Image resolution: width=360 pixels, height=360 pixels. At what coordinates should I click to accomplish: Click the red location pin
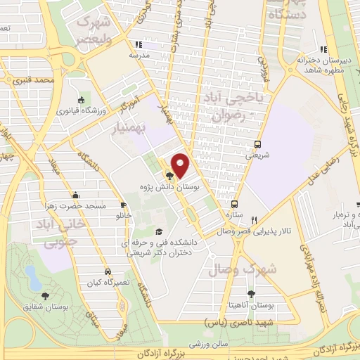(181, 165)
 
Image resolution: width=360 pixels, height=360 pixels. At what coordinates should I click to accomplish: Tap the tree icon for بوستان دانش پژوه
(169, 176)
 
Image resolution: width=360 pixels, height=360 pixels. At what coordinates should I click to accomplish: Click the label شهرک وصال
(243, 269)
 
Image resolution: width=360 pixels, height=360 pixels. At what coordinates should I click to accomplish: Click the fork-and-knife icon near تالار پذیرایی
(255, 219)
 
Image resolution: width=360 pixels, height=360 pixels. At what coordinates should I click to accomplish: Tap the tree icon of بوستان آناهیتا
(251, 294)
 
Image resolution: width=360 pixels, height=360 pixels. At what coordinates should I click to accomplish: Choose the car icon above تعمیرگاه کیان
(106, 271)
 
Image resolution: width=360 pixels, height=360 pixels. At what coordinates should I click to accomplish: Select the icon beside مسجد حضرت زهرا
(75, 195)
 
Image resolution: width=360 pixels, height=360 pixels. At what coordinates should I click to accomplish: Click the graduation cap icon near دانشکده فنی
(159, 231)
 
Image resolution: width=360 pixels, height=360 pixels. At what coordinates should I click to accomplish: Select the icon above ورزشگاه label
(82, 99)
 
